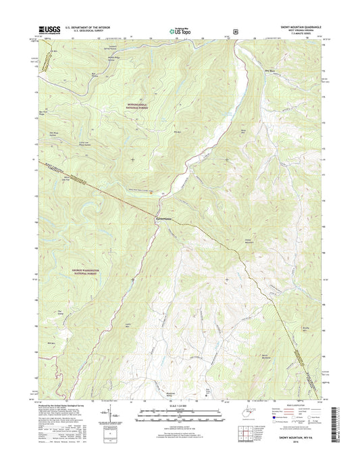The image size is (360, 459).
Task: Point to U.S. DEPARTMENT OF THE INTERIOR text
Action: [x=89, y=26]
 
